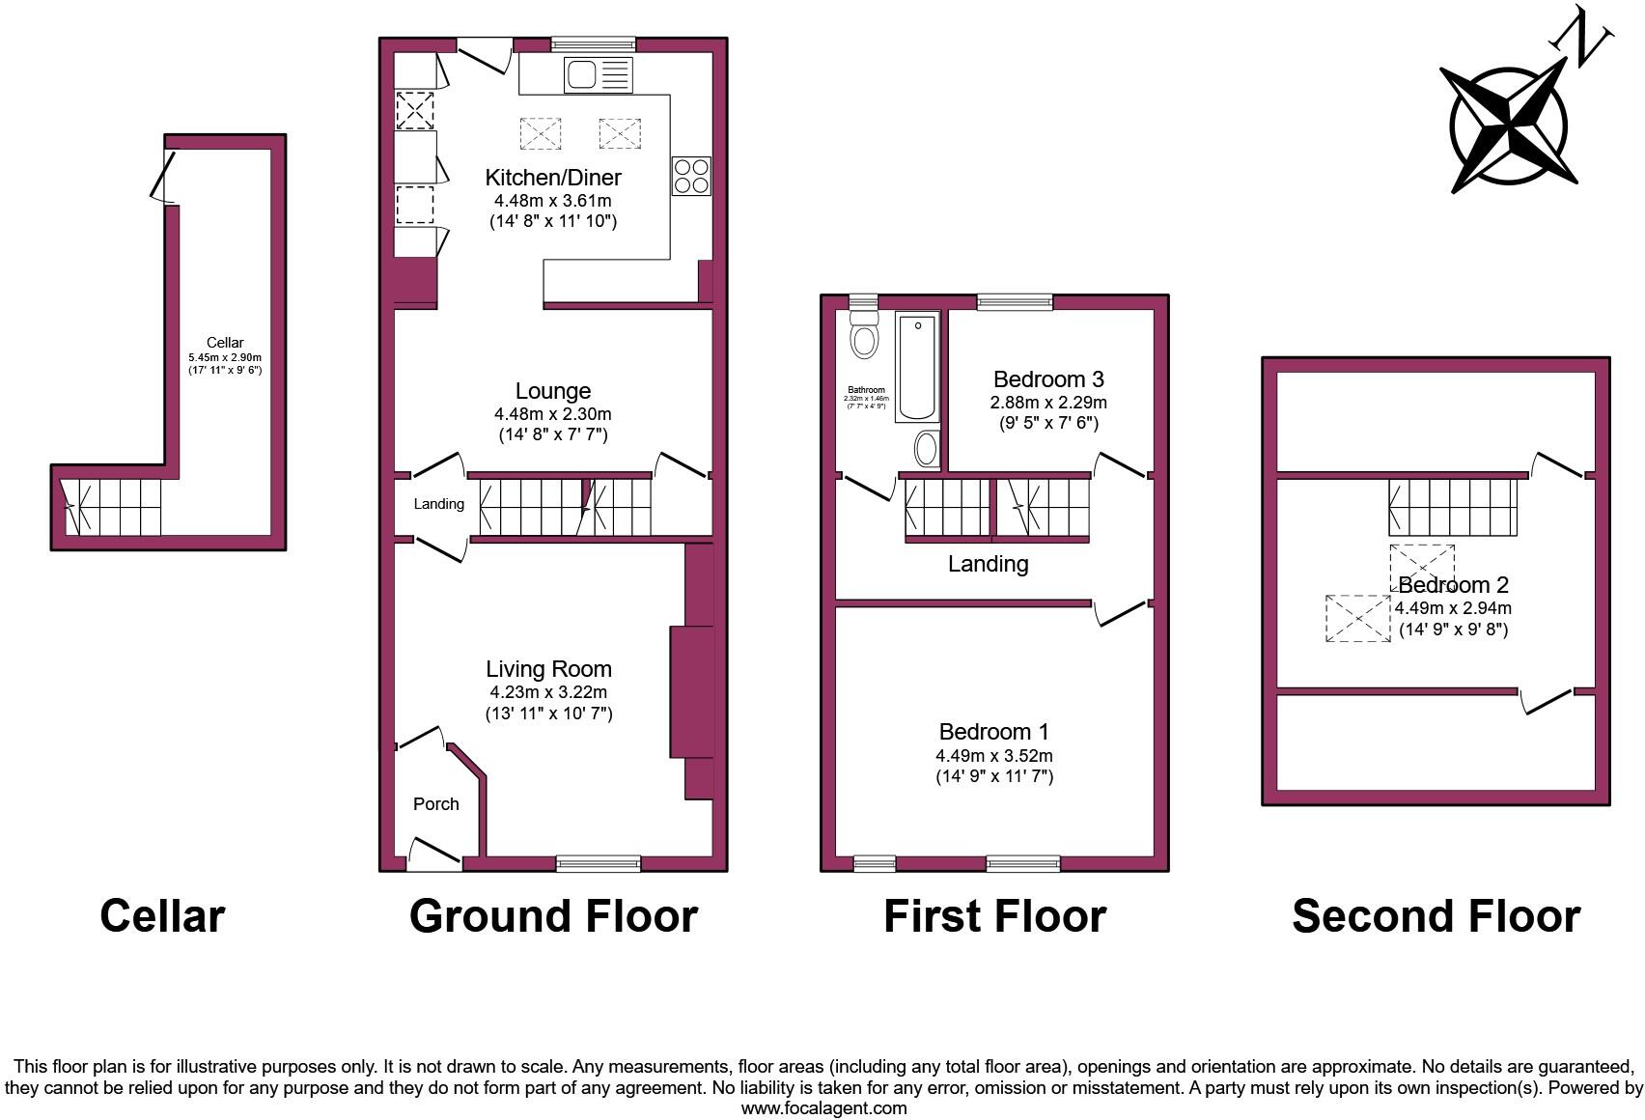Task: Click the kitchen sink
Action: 598,74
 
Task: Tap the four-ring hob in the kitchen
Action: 691,176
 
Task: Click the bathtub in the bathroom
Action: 917,368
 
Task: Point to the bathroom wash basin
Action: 925,449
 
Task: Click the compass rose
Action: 1509,126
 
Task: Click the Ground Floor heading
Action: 553,916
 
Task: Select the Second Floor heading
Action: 1436,916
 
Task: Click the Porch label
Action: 435,804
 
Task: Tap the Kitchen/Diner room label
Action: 553,178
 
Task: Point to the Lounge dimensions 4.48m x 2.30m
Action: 553,414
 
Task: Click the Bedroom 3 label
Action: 1048,379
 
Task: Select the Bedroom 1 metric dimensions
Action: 994,756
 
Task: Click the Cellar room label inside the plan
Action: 225,343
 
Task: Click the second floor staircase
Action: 1453,507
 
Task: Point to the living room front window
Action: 599,863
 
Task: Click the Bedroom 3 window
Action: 1014,302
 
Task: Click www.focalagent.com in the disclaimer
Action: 823,1108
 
